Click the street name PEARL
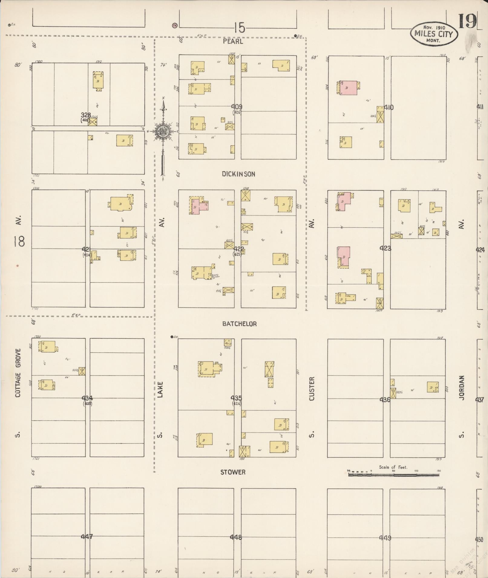233,41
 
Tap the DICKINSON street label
238,174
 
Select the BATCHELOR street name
239,324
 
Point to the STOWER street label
233,472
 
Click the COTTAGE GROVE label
18,373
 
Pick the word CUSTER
312,389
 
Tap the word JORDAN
461,388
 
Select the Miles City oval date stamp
434,34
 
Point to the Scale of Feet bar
394,475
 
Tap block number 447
87,537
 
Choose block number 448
236,537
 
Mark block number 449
385,538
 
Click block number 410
388,107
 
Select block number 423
385,248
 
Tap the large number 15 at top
239,28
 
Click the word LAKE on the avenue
160,389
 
